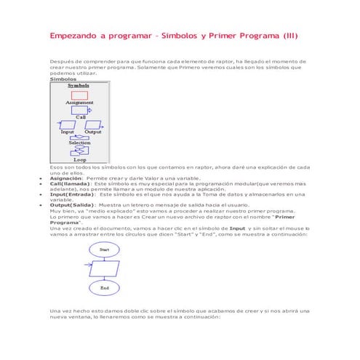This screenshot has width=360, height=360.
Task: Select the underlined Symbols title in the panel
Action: tap(79, 85)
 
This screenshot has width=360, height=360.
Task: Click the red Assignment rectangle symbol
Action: tap(79, 95)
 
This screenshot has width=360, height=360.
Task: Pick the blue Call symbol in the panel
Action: tap(79, 110)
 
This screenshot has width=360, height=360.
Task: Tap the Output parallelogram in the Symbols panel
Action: tap(92, 124)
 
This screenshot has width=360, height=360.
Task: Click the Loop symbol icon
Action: tap(79, 151)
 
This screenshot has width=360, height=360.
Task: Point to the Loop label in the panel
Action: tap(79, 159)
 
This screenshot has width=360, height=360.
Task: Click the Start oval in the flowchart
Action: tap(104, 249)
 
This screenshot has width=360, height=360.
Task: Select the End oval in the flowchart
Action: tap(104, 288)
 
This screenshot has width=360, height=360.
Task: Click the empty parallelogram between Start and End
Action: tap(104, 268)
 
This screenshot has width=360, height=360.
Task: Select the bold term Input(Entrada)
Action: tap(72, 194)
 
